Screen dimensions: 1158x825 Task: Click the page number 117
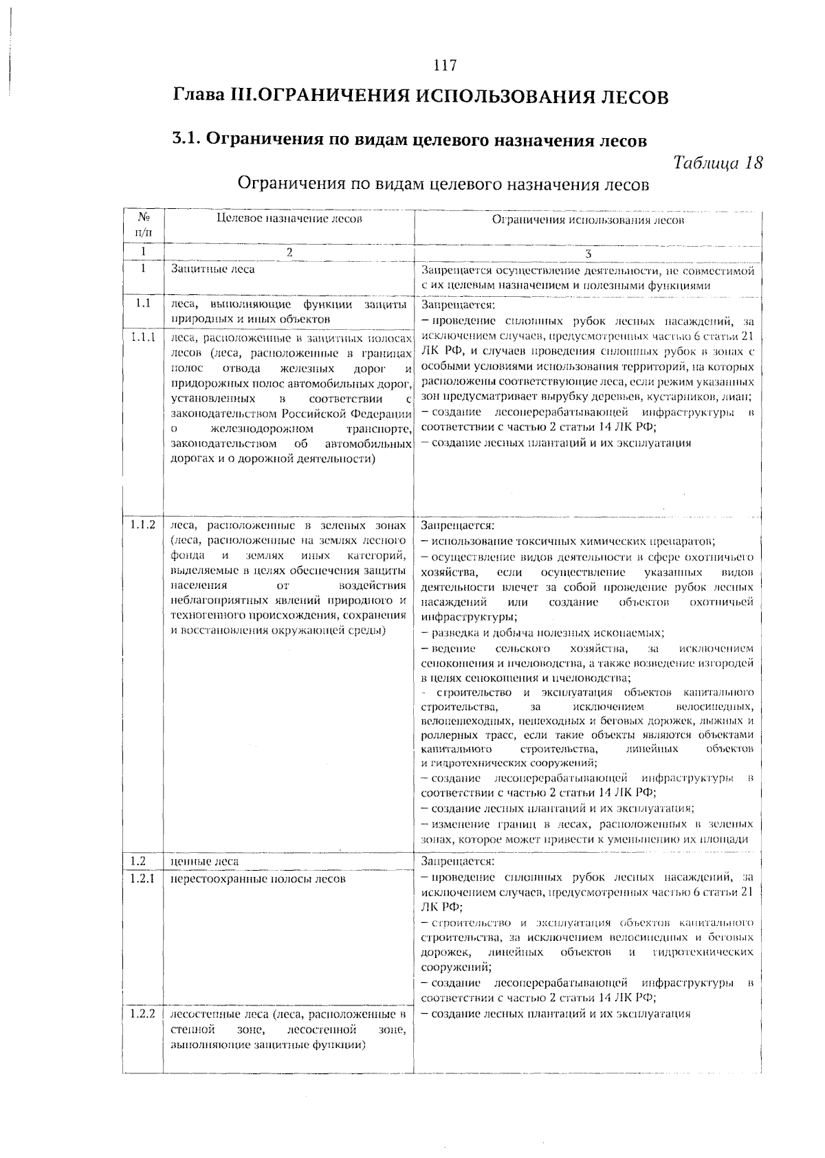(x=445, y=66)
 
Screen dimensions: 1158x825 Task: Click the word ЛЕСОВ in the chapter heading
(x=631, y=96)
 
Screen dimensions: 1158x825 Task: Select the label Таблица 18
(x=718, y=164)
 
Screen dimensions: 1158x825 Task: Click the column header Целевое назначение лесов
(x=289, y=219)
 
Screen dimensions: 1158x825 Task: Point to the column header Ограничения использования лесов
(x=588, y=221)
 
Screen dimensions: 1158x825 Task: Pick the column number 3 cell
(x=588, y=253)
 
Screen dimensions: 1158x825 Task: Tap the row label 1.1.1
(x=143, y=337)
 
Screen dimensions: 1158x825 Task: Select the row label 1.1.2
(x=143, y=525)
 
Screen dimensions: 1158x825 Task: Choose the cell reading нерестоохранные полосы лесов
(x=258, y=879)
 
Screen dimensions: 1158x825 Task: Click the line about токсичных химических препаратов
(x=569, y=541)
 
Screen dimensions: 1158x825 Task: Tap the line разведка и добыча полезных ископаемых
(x=543, y=633)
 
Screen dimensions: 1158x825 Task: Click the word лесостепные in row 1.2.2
(x=203, y=1014)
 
